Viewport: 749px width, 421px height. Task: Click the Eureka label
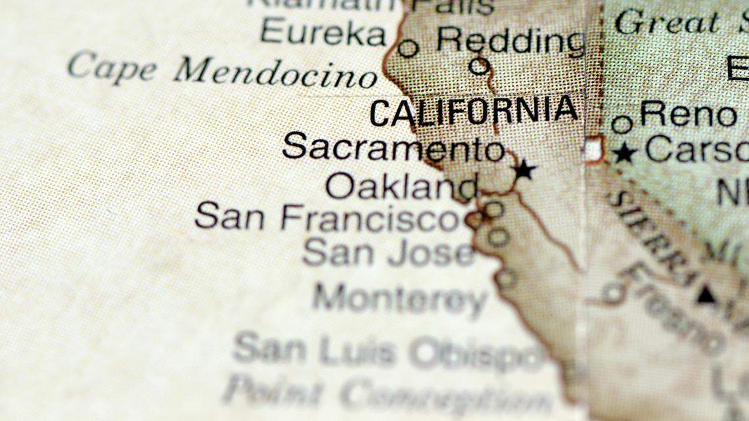[x=323, y=32]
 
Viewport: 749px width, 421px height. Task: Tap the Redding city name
[x=511, y=41]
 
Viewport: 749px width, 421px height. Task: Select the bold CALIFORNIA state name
[x=474, y=112]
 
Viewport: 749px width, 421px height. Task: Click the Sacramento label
[x=393, y=147]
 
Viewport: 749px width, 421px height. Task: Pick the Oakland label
[x=401, y=187]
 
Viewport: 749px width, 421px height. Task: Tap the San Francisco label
[x=327, y=217]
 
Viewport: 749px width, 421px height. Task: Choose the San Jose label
[x=388, y=252]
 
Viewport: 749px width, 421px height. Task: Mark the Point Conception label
[x=387, y=394]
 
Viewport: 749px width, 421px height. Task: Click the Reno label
[x=687, y=114]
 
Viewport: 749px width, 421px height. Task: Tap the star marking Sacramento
[x=524, y=170]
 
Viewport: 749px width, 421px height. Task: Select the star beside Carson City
[x=624, y=154]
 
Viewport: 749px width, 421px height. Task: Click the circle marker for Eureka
[x=408, y=48]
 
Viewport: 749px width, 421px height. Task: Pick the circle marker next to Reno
[x=622, y=123]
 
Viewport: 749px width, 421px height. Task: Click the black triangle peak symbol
[x=706, y=294]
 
